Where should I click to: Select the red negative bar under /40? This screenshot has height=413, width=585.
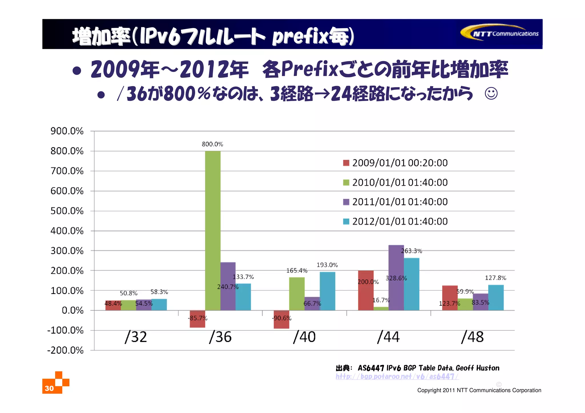click(281, 320)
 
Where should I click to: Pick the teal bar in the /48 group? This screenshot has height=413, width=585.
click(496, 297)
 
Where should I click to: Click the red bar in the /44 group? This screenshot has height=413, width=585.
click(366, 290)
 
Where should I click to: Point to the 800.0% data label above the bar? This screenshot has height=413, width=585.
click(212, 144)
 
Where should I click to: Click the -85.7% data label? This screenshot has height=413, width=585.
click(197, 318)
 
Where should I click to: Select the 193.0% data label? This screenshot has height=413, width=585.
click(327, 265)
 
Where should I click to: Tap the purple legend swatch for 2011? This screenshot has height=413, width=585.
click(346, 202)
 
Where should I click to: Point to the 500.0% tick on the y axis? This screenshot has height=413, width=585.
click(67, 211)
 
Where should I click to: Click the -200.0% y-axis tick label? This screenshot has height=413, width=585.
click(65, 350)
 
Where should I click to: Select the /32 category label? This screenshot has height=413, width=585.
click(136, 337)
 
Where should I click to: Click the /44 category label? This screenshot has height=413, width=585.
click(388, 337)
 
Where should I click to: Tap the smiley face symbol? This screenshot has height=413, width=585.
click(491, 94)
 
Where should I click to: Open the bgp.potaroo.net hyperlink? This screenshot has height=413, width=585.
click(397, 376)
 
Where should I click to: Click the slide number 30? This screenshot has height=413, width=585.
click(49, 388)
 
